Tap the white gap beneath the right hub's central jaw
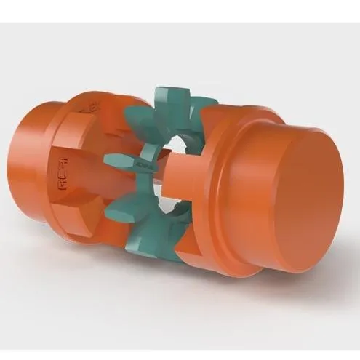coord(178,196)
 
